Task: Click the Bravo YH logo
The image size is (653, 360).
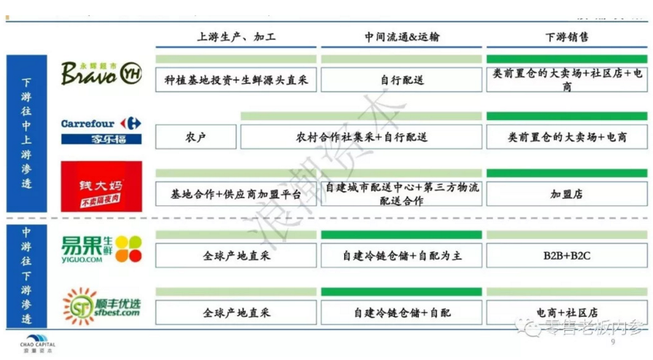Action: pyautogui.click(x=101, y=73)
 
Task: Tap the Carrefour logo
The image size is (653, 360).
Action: pyautogui.click(x=101, y=130)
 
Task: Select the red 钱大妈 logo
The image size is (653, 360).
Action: pyautogui.click(x=101, y=187)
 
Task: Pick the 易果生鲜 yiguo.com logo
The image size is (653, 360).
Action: pyautogui.click(x=101, y=249)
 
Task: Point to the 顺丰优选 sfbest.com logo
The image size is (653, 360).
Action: pyautogui.click(x=101, y=307)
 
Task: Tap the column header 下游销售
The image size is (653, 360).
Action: pyautogui.click(x=566, y=36)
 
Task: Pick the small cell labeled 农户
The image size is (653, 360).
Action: pyautogui.click(x=196, y=137)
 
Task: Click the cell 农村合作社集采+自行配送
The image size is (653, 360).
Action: pyautogui.click(x=361, y=137)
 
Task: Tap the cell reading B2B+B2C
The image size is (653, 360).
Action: pyautogui.click(x=566, y=255)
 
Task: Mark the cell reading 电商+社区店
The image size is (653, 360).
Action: pyautogui.click(x=566, y=313)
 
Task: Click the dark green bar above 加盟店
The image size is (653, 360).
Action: pyautogui.click(x=566, y=173)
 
